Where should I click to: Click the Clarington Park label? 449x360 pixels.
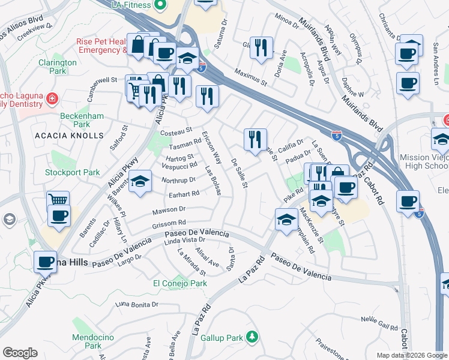[58, 67]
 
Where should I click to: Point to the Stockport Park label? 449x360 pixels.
[73, 172]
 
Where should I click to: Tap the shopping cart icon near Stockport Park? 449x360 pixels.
[58, 200]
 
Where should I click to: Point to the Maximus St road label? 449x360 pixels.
[250, 77]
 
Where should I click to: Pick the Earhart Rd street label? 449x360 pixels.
[184, 194]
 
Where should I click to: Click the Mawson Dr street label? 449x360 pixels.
[169, 210]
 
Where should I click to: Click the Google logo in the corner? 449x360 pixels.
[20, 353]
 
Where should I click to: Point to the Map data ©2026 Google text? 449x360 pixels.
[411, 355]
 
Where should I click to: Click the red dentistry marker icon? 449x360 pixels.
[52, 98]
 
